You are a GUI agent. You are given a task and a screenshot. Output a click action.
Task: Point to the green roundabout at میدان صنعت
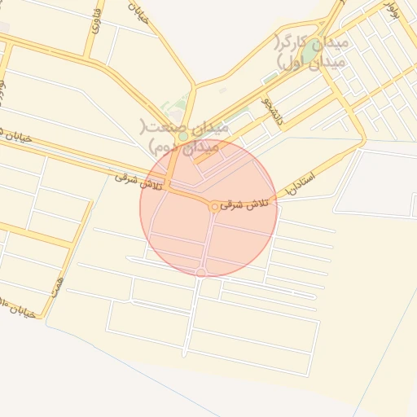(x=184, y=136)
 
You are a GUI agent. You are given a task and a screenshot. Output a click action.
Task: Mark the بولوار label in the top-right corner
(x=390, y=11)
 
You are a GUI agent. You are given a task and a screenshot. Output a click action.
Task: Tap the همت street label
(x=56, y=284)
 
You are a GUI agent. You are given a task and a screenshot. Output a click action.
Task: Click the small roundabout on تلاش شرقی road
(x=214, y=208)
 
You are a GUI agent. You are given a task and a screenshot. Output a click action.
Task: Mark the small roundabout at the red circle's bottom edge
(x=201, y=272)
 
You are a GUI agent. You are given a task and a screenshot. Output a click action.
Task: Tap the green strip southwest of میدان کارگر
(x=270, y=78)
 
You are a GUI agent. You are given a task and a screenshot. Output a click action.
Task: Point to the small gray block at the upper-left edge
(x=3, y=27)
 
